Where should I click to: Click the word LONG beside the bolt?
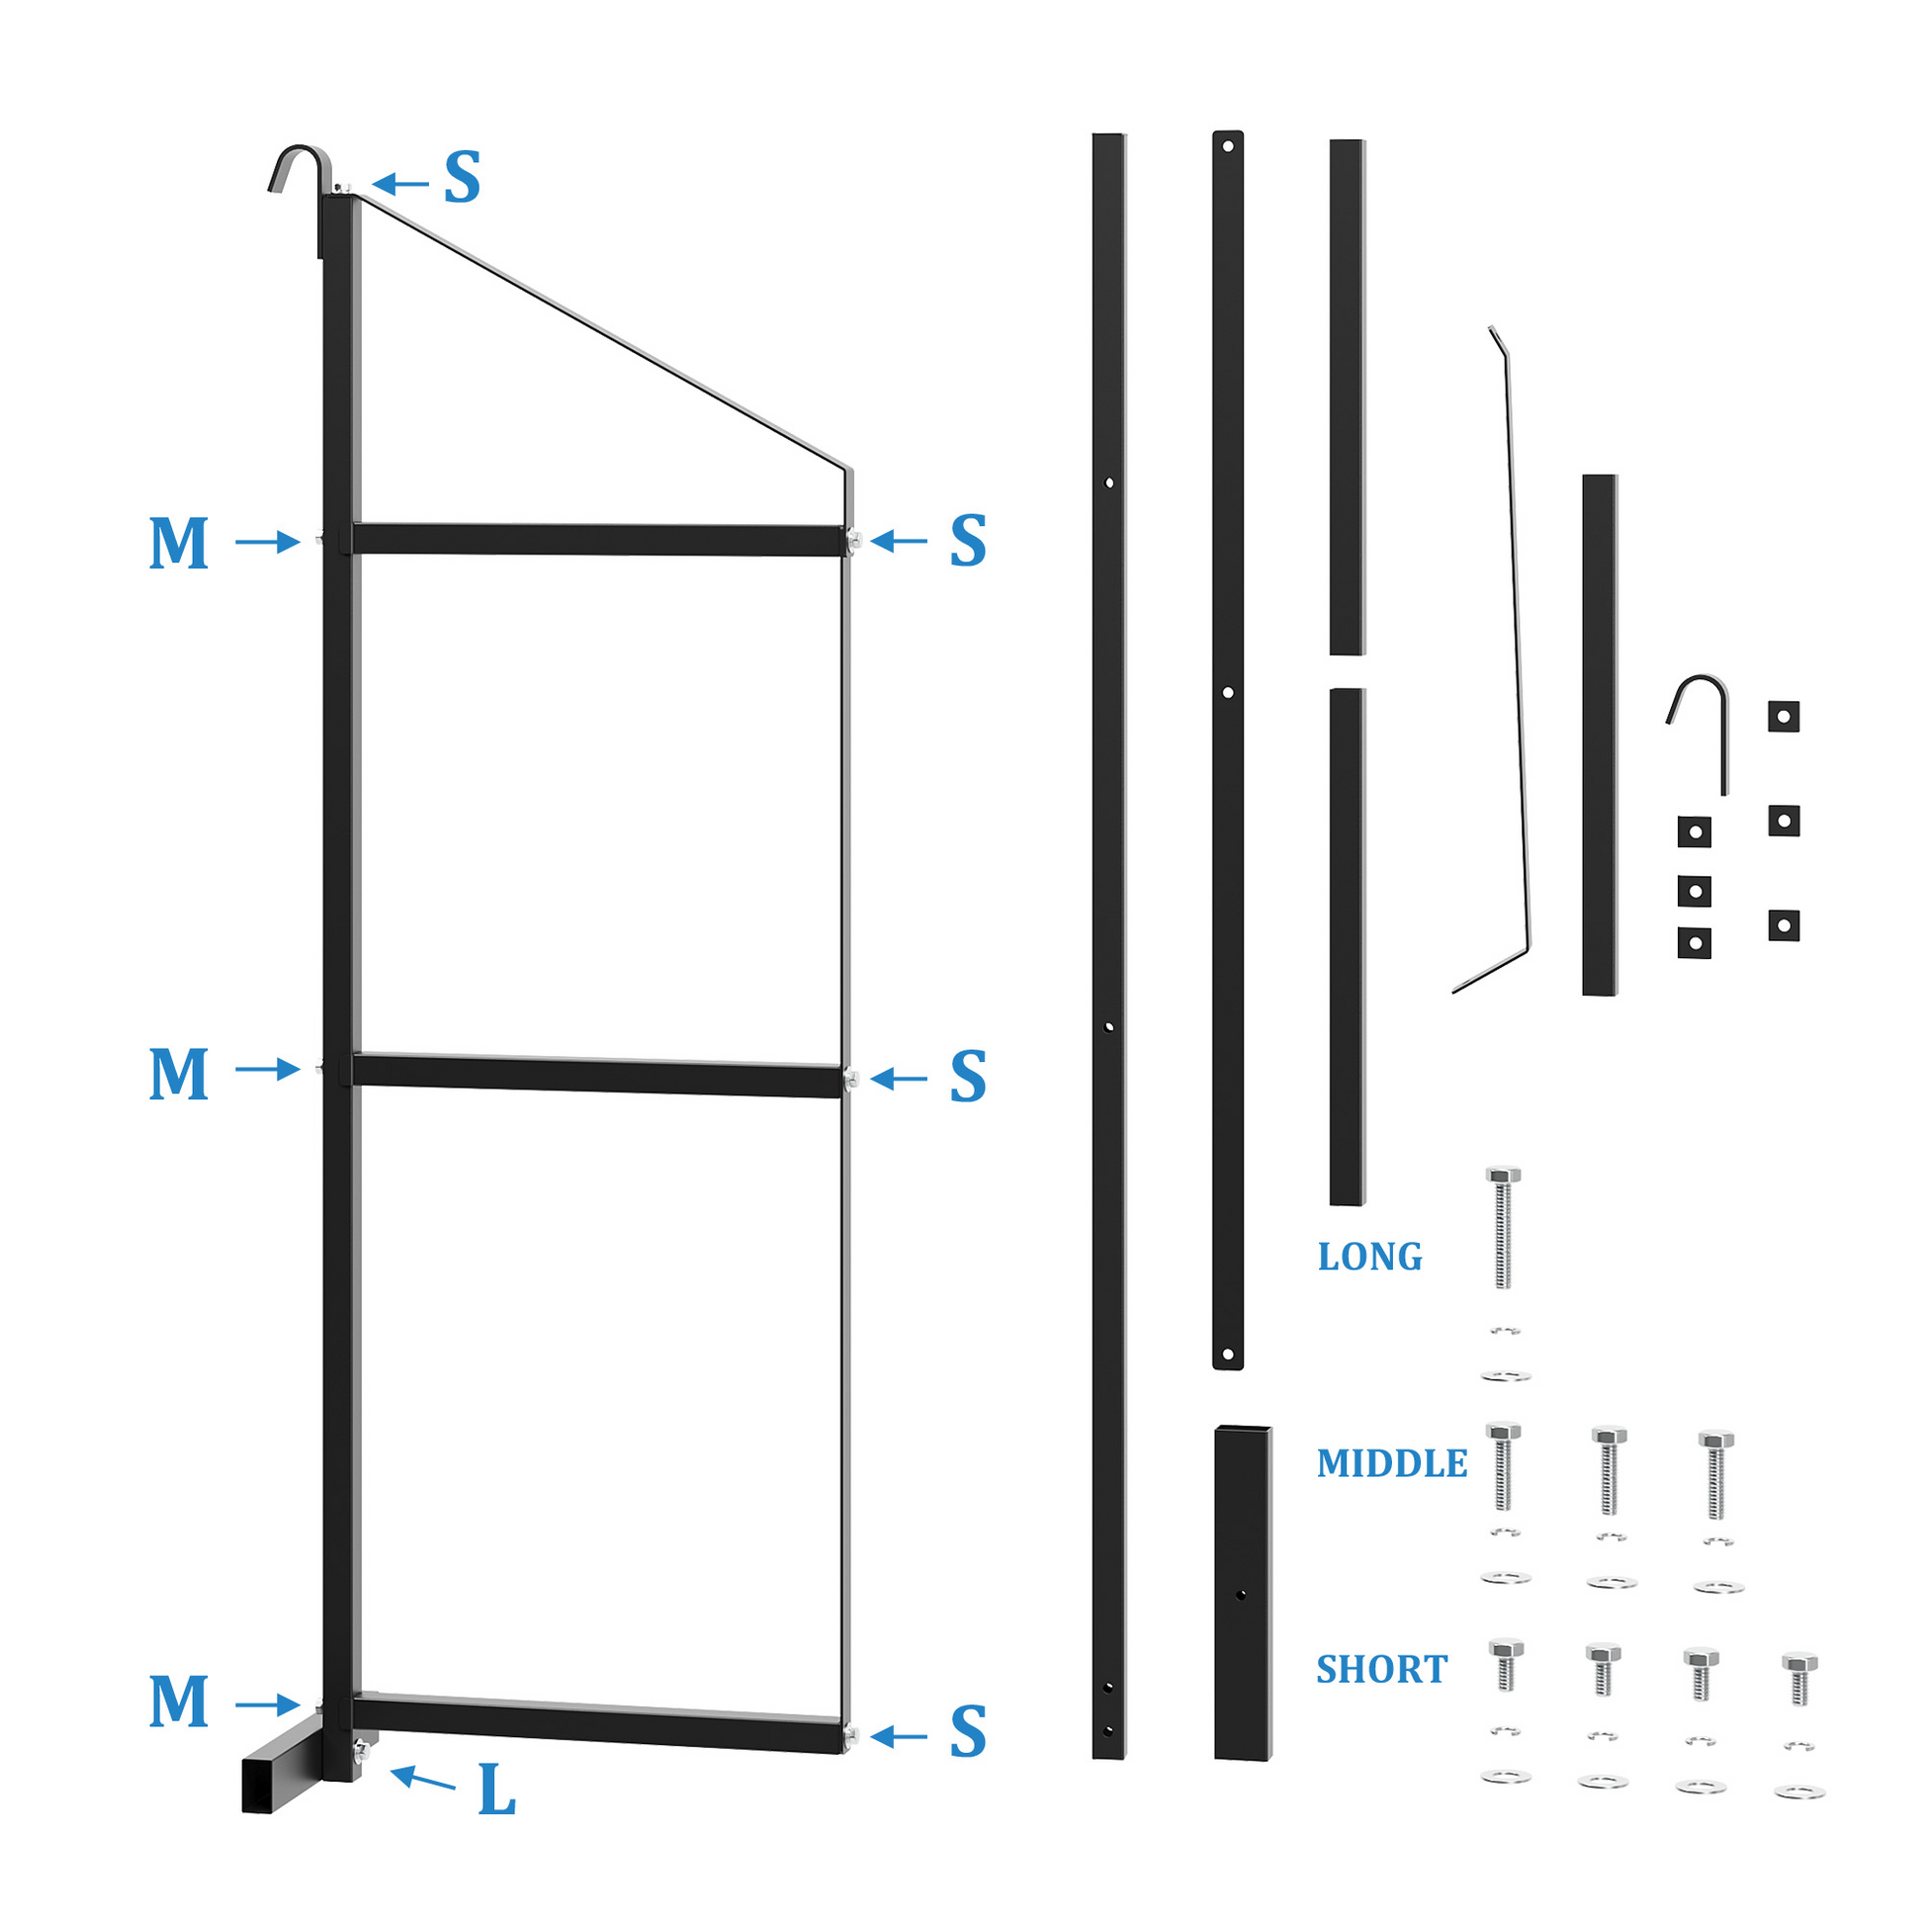click(x=1369, y=1257)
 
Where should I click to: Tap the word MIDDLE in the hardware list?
click(x=1391, y=1463)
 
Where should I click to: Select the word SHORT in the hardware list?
click(x=1381, y=1669)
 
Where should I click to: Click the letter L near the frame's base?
click(x=497, y=1790)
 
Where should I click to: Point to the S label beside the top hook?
click(x=462, y=177)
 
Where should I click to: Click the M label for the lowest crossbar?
click(x=179, y=1701)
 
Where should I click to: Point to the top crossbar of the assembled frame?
click(x=597, y=539)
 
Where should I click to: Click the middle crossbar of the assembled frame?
click(x=597, y=1075)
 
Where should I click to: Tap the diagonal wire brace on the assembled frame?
click(x=597, y=328)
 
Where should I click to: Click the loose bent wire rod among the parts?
click(x=1492, y=659)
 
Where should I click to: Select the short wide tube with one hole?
click(x=1243, y=1594)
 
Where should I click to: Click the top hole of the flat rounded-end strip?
click(x=1228, y=146)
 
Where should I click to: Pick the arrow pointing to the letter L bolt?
click(x=423, y=1778)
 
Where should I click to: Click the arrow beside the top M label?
click(x=267, y=542)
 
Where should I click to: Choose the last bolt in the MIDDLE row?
click(x=1715, y=1476)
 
